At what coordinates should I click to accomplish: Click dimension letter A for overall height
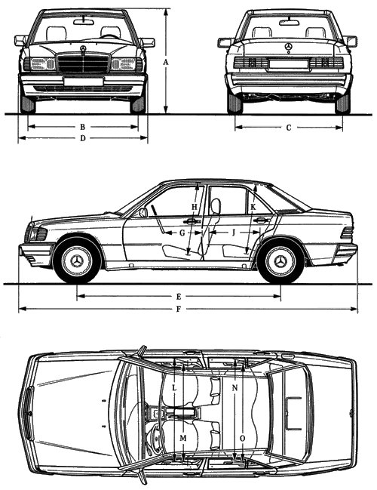pos(166,62)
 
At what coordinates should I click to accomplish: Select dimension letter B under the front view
pos(82,127)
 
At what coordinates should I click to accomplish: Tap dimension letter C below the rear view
pos(289,128)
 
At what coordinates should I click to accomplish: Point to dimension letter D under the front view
pos(82,138)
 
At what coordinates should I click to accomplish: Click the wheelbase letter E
pos(179,296)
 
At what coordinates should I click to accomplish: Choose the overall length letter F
pos(179,309)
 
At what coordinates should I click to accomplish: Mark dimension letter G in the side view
pos(182,233)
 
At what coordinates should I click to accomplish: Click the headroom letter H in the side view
pos(195,207)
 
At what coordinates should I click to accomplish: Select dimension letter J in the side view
pos(234,233)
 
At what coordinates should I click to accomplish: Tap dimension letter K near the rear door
pos(253,207)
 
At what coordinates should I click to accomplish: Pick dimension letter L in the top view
pos(174,388)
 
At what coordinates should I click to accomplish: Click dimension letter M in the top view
pos(183,438)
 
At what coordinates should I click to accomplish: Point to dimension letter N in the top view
pos(235,388)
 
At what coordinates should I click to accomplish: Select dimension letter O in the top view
pos(243,439)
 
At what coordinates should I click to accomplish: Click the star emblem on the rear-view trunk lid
pos(288,47)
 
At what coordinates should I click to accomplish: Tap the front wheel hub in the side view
pos(77,261)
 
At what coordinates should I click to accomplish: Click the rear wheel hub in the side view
pos(280,261)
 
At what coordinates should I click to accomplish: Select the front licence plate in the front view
pos(84,82)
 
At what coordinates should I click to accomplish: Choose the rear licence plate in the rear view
pos(288,64)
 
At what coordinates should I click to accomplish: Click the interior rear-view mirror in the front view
pos(84,22)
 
